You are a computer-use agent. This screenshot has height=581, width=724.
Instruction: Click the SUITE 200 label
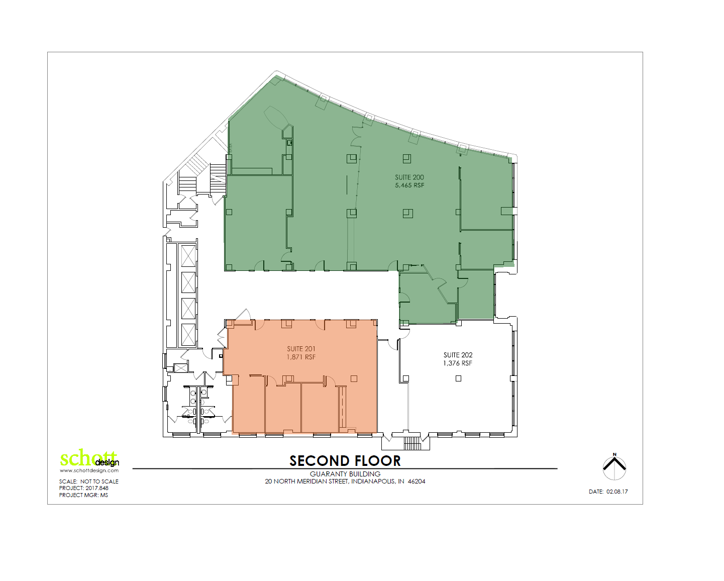409,177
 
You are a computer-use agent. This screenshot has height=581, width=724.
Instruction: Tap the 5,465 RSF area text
409,185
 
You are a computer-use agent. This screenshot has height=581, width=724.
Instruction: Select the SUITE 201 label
301,349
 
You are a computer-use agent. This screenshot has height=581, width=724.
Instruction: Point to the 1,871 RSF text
301,357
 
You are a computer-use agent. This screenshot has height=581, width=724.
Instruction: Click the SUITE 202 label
458,355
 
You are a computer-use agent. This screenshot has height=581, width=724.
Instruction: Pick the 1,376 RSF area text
458,363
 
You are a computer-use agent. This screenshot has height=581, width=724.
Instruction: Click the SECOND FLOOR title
345,461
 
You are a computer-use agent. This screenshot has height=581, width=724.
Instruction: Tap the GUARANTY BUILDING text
345,474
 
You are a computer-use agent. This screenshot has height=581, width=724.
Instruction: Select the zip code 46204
417,481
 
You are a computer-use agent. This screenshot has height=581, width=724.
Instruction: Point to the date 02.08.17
617,492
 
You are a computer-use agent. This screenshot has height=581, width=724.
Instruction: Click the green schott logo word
83,458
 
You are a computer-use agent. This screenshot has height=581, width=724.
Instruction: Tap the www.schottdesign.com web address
89,471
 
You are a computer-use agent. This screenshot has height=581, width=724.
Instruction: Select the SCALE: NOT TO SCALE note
89,481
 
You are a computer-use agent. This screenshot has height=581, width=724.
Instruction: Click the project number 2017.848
97,488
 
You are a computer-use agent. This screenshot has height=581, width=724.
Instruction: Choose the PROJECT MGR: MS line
83,495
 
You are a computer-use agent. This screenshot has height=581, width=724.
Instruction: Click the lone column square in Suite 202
458,378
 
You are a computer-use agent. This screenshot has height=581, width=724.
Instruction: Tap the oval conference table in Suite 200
276,117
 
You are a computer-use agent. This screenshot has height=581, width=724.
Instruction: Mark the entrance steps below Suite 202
411,443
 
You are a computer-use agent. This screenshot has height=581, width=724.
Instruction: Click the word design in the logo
107,463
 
